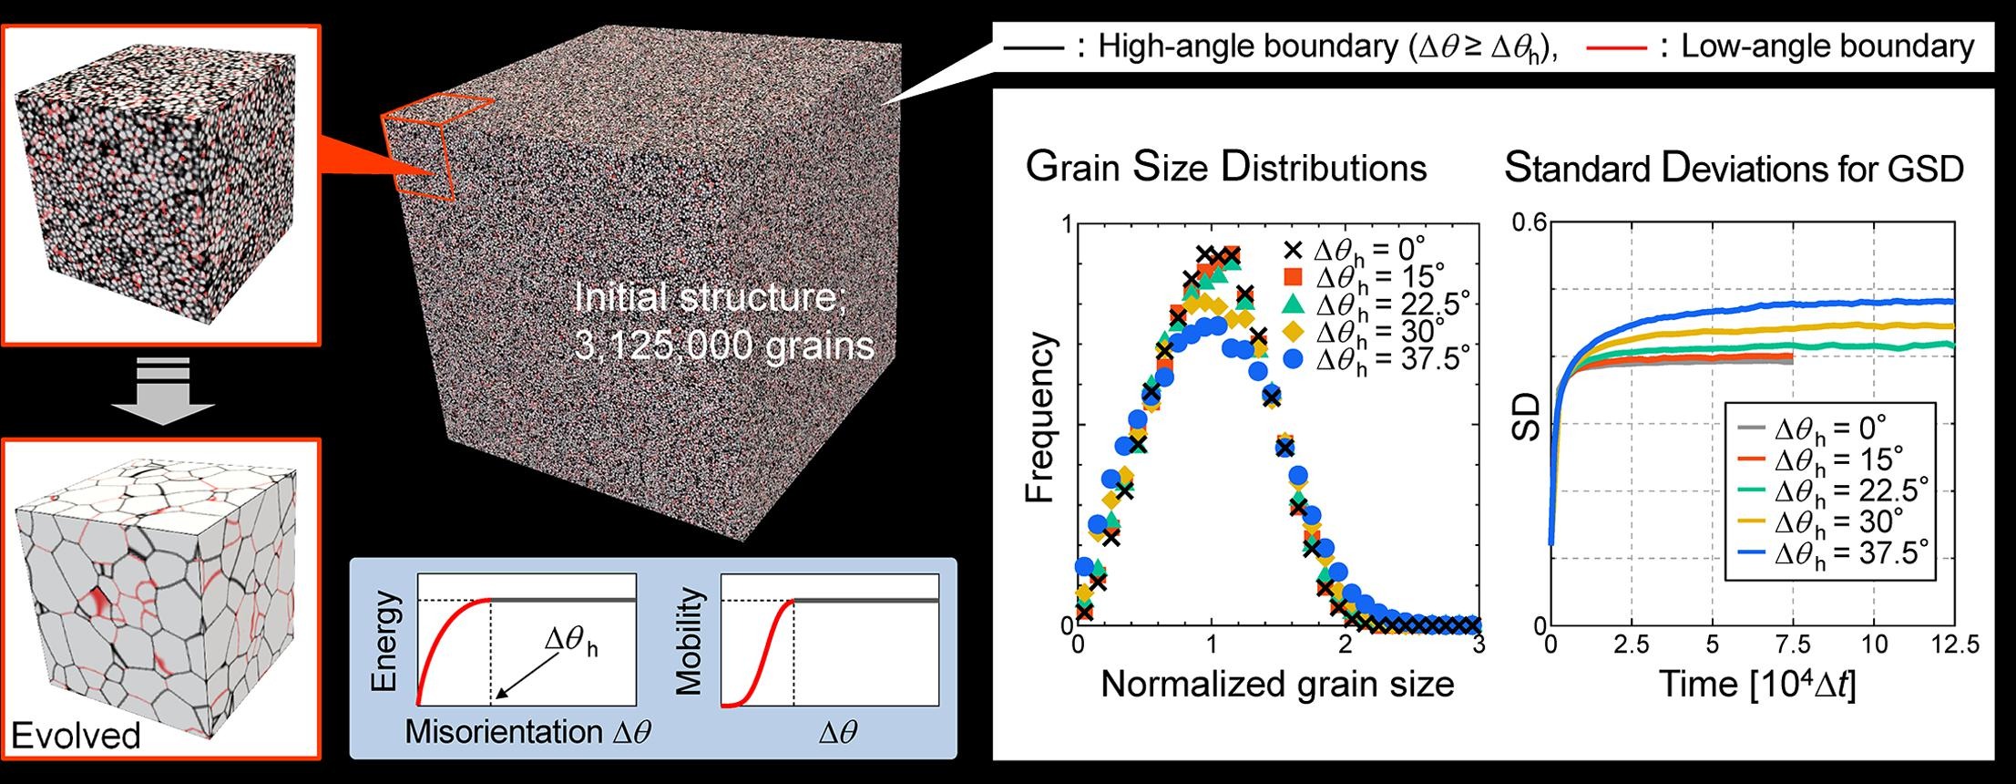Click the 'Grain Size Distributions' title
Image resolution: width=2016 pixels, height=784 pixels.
click(x=1225, y=168)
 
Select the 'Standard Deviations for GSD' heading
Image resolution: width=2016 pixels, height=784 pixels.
click(x=1734, y=169)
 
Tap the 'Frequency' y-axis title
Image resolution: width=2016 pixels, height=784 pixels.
click(x=1040, y=418)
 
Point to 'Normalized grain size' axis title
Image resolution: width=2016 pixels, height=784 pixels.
click(x=1277, y=684)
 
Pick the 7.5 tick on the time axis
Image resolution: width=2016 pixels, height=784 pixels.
click(x=1793, y=645)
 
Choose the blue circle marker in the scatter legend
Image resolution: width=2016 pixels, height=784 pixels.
click(x=1296, y=359)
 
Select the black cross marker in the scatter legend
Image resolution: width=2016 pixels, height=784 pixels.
click(x=1296, y=249)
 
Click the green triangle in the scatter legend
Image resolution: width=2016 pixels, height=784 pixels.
click(x=1296, y=304)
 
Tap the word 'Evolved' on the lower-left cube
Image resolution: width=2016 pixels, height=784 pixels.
click(x=76, y=736)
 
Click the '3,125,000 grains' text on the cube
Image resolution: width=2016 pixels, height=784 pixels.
click(x=725, y=346)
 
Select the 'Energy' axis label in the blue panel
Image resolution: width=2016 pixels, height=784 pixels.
click(x=386, y=629)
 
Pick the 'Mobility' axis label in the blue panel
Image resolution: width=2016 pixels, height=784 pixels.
click(x=691, y=641)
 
